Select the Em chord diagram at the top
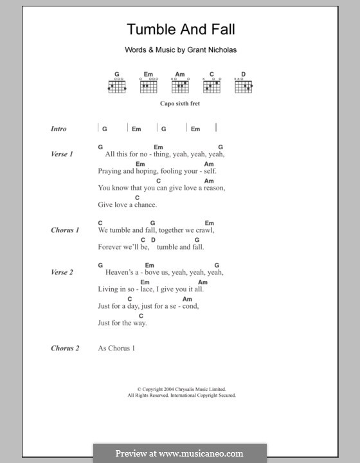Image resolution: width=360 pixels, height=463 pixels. point(148,84)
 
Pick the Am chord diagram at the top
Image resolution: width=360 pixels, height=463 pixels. point(181,84)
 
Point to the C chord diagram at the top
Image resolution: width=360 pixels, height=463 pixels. point(212,84)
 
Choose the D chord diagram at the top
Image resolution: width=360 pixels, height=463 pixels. point(243,84)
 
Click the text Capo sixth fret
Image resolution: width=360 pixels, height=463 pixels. point(180,104)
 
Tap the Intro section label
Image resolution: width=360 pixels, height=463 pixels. point(59,129)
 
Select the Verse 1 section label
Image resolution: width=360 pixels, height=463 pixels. point(62,154)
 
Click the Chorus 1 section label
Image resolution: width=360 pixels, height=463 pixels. point(65,230)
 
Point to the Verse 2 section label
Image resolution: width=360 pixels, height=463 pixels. point(62,272)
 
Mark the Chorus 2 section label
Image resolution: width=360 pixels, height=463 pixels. point(65,348)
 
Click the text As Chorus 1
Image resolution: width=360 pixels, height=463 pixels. point(117,348)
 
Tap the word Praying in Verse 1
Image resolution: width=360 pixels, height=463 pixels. point(109,172)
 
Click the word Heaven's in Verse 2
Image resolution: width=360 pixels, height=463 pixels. point(120,272)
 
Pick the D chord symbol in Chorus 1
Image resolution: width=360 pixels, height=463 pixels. point(153,239)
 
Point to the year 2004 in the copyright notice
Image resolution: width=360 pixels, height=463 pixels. point(163,389)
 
